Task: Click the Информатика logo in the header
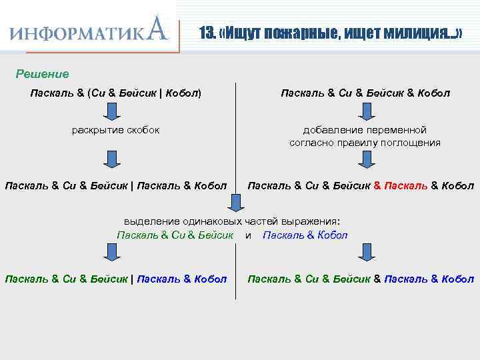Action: [x=89, y=30]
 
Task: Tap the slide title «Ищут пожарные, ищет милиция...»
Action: [x=331, y=33]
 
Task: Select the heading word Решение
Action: [x=42, y=73]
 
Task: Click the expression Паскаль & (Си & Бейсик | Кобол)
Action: [x=115, y=93]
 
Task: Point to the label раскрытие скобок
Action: [x=115, y=129]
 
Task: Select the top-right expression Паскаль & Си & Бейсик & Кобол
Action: [x=365, y=93]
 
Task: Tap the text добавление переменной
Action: [x=365, y=130]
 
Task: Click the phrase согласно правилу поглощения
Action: [x=365, y=143]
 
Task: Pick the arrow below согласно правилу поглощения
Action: [x=365, y=159]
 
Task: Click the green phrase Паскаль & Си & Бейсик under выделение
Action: [x=175, y=235]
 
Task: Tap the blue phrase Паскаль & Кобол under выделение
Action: [x=305, y=235]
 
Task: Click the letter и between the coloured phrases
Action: [x=248, y=235]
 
